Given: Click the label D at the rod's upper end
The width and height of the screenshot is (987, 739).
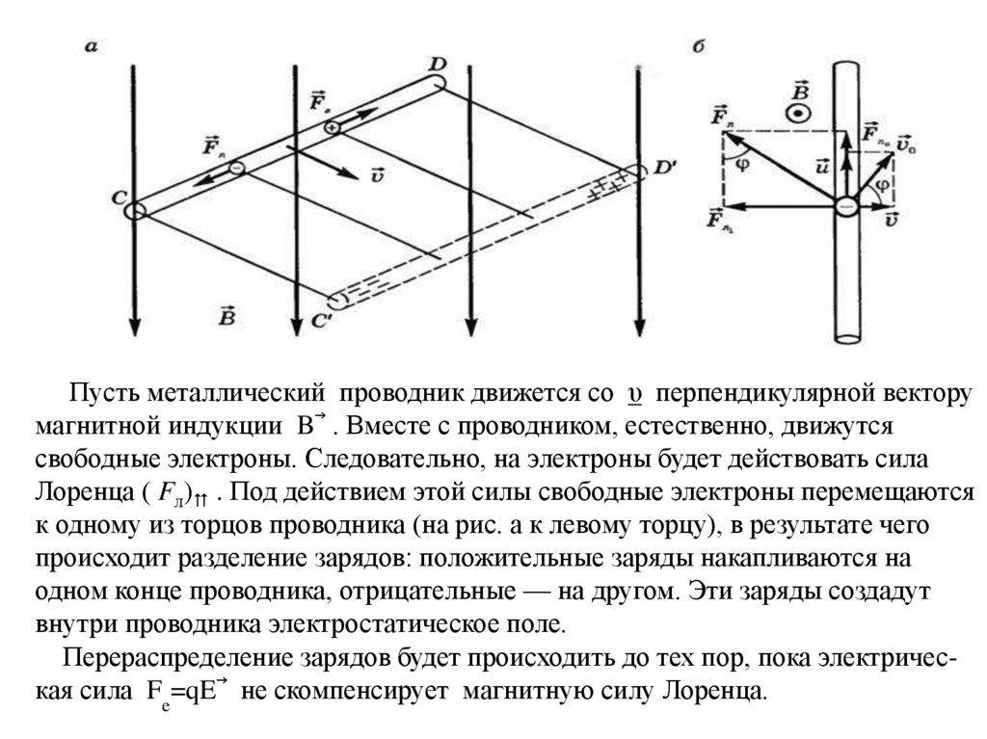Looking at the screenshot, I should coord(438,65).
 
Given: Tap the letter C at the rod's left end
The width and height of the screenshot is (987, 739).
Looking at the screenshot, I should coord(119,198).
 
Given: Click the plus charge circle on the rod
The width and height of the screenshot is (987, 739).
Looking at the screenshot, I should coord(331,127).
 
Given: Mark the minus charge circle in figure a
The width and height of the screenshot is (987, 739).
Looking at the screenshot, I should coord(236,169).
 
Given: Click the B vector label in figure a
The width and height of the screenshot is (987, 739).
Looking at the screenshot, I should coord(227,314).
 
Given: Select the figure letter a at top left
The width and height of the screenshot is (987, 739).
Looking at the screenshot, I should coord(91,45).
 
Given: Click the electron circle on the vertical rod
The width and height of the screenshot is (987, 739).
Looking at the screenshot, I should coord(845,206).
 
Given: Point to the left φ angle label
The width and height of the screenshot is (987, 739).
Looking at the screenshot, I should coord(742,162).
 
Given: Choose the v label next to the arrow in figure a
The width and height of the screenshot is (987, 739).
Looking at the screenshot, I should coord(377,174).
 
